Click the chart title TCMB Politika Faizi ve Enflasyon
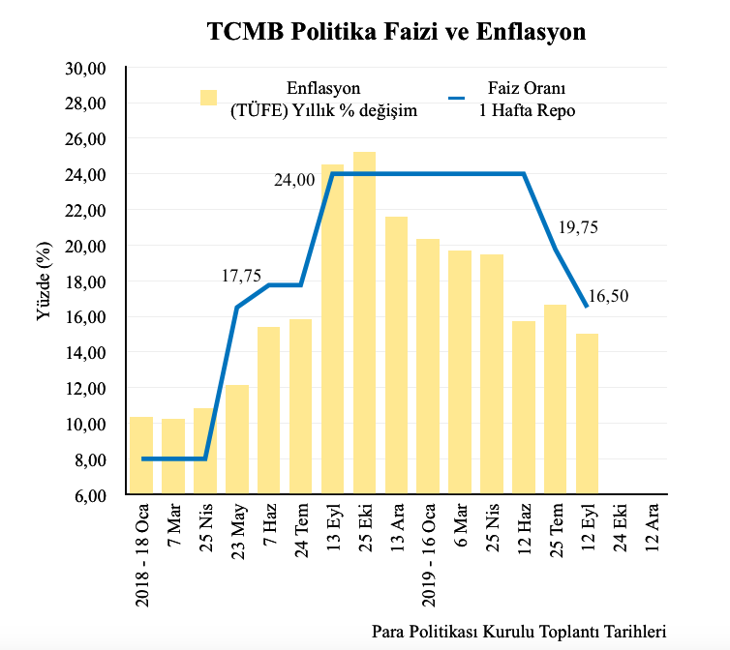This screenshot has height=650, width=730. pos(397,32)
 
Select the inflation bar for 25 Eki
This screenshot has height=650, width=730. pos(364,323)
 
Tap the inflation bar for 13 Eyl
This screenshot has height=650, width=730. pos(332,329)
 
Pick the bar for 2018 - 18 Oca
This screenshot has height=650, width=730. pos(141,456)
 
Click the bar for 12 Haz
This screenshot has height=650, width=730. pos(524,407)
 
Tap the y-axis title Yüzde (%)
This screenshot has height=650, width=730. pos(44,281)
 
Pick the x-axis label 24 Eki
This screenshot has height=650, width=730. pos(620,531)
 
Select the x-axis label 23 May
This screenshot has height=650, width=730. pos(237,533)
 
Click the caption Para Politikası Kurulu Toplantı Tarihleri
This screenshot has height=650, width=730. pos(519,632)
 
